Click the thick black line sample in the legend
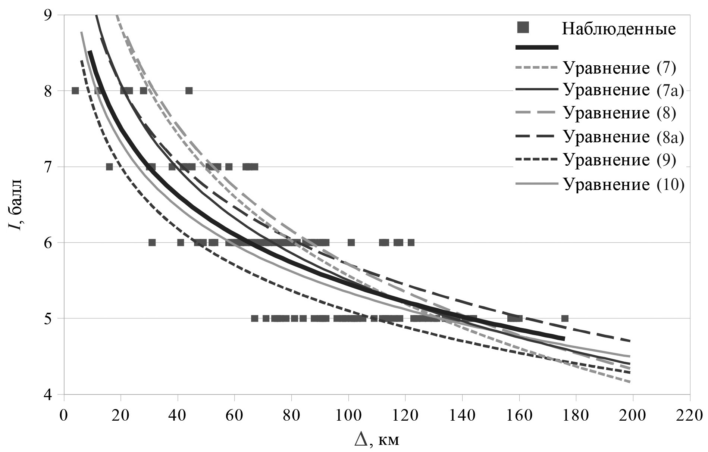[537, 47]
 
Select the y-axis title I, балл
[17, 205]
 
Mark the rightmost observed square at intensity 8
[189, 91]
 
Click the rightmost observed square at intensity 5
[565, 318]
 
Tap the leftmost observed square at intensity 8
[75, 91]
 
